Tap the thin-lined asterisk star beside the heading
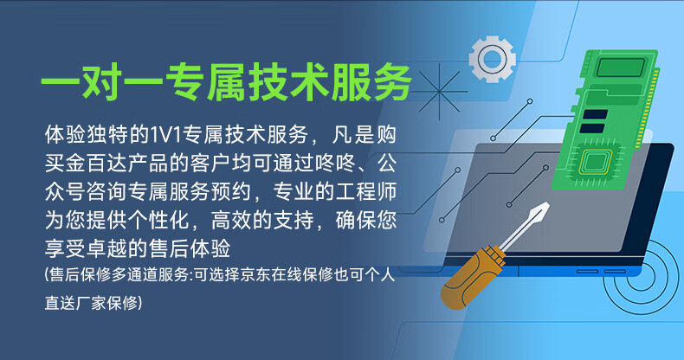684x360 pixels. pos(439,92)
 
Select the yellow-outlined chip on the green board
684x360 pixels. pos(592,162)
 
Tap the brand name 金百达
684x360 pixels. pos(87,163)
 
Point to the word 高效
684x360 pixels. pos(230,220)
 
